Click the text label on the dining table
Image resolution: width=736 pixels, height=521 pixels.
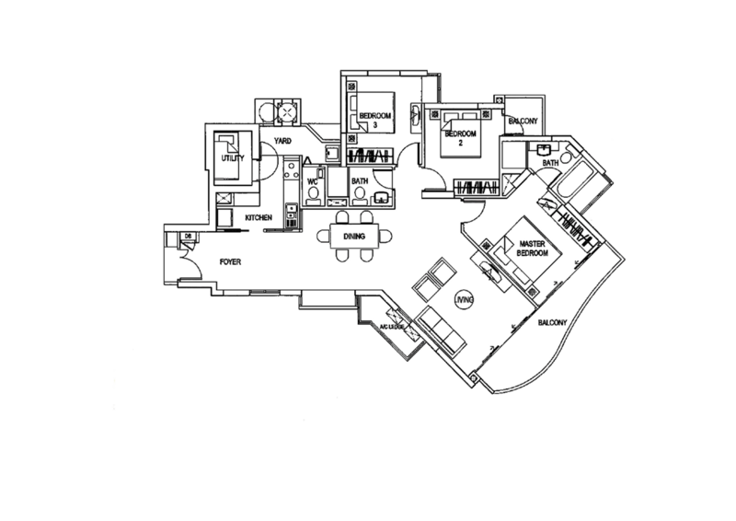pos(353,236)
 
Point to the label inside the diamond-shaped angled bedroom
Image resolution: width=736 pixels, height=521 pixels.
pos(526,244)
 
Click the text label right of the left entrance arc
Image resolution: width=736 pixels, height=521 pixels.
pos(230,264)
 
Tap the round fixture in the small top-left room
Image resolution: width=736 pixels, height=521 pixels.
pos(286,112)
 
